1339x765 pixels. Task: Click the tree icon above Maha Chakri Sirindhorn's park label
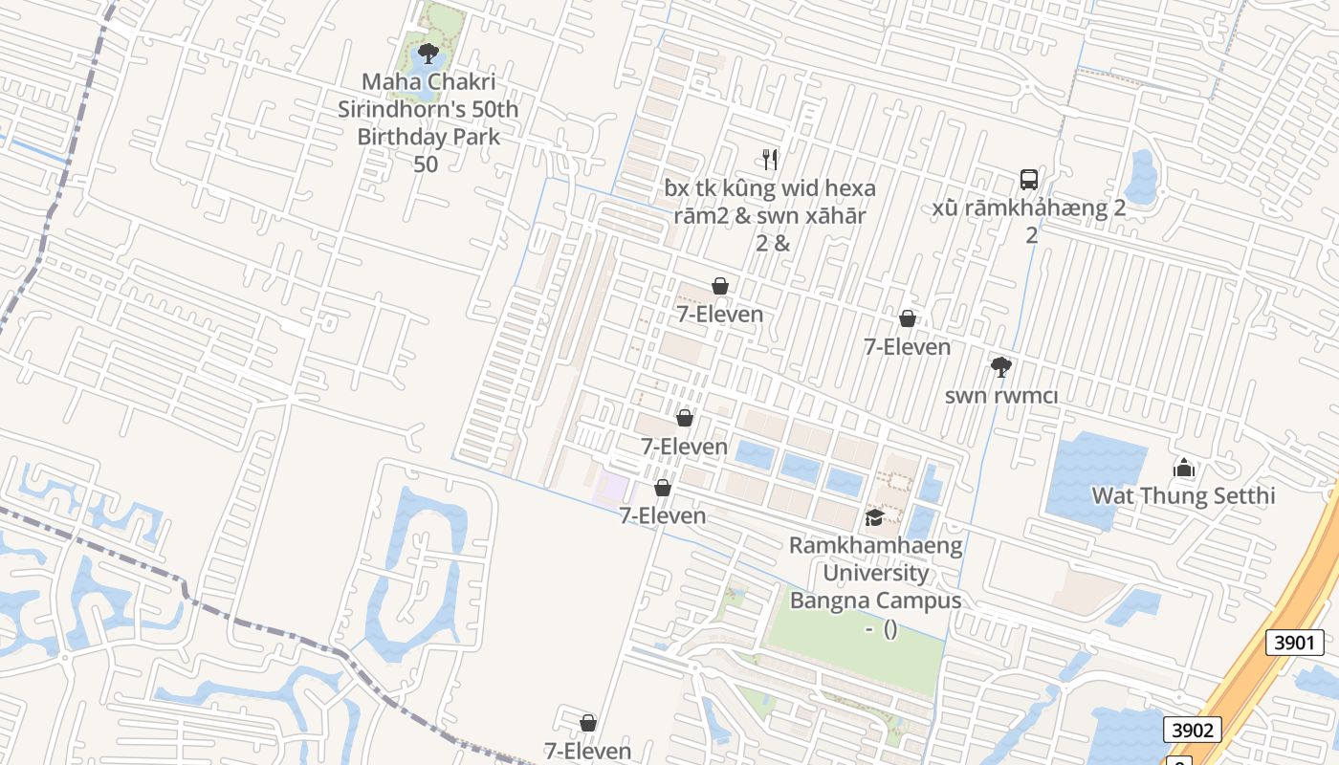pyautogui.click(x=428, y=53)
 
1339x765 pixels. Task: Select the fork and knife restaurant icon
pyautogui.click(x=770, y=159)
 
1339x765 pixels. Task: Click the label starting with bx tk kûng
pyautogui.click(x=770, y=188)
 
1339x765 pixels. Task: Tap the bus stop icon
pyautogui.click(x=1029, y=180)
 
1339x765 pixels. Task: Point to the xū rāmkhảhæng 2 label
pyautogui.click(x=1029, y=209)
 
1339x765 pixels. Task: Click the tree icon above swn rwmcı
pyautogui.click(x=1000, y=366)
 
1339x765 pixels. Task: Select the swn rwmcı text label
pyautogui.click(x=1000, y=396)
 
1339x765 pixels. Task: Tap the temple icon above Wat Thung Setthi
pyautogui.click(x=1184, y=468)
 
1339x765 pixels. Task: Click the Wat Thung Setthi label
pyautogui.click(x=1184, y=496)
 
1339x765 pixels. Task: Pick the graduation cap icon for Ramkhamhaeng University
pyautogui.click(x=874, y=517)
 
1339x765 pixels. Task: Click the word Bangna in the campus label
pyautogui.click(x=830, y=601)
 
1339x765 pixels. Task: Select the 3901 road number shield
pyautogui.click(x=1295, y=643)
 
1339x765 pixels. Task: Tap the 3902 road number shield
pyautogui.click(x=1193, y=731)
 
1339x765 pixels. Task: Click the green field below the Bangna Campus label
pyautogui.click(x=861, y=650)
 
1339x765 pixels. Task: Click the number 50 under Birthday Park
pyautogui.click(x=426, y=164)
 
